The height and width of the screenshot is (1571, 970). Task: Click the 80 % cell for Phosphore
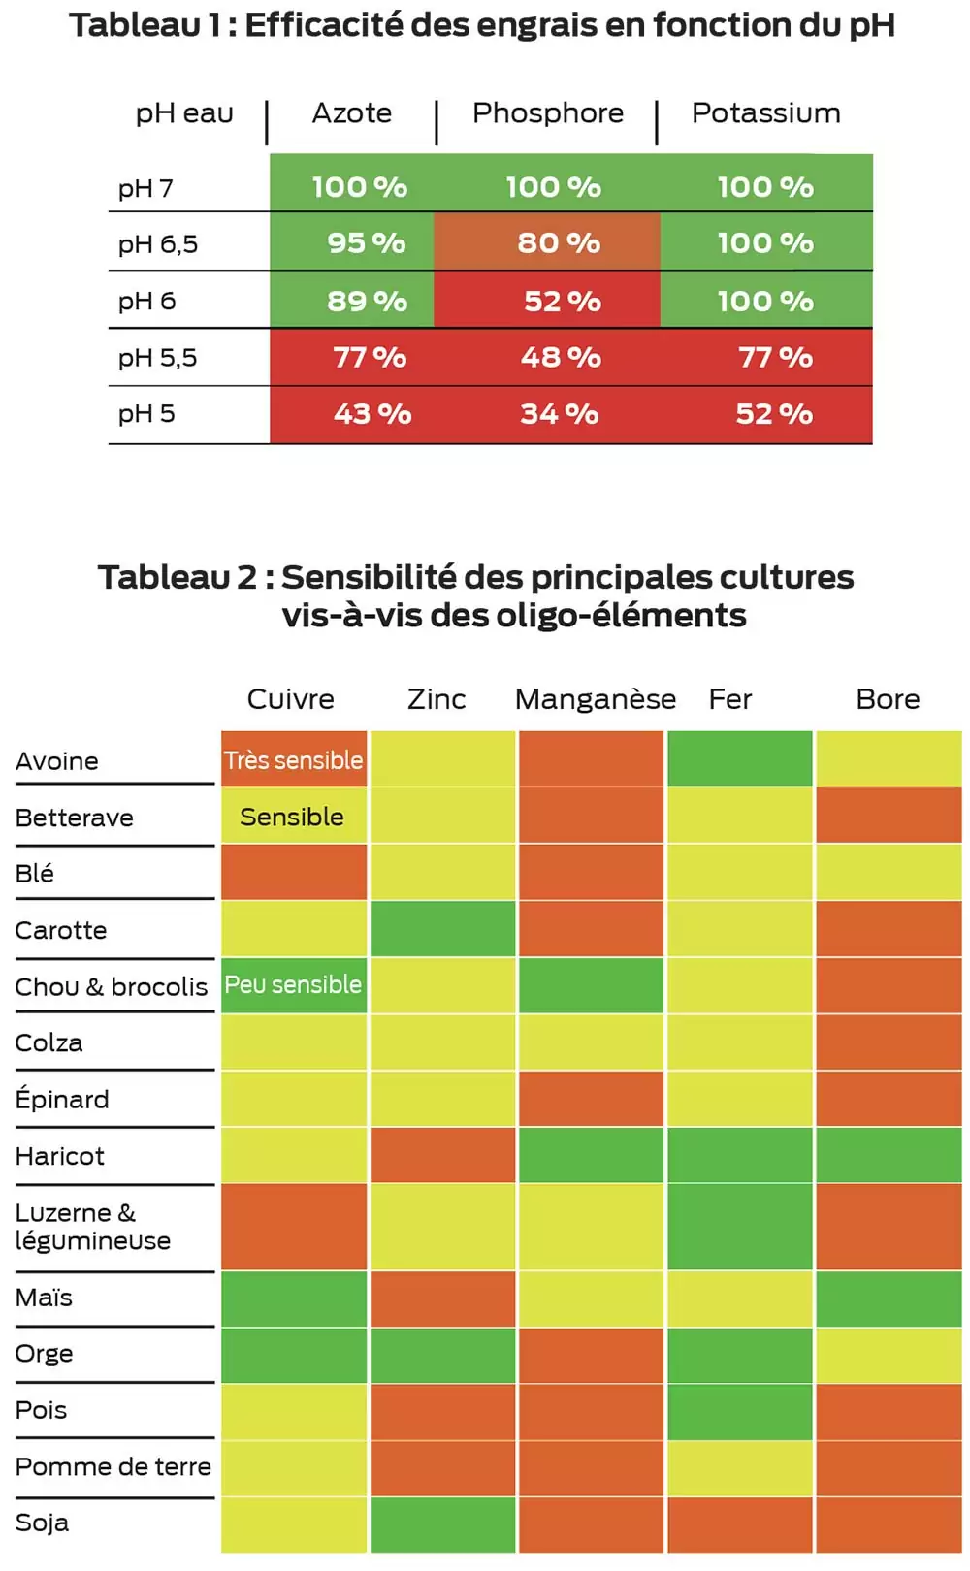(x=558, y=242)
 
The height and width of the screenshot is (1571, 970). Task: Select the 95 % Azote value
(x=366, y=242)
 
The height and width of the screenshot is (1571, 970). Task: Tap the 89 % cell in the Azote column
(x=367, y=301)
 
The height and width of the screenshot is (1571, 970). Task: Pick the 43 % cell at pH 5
(x=372, y=414)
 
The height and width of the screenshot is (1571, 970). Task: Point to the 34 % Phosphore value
(x=560, y=414)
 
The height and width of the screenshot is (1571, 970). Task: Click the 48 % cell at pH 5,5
(x=561, y=357)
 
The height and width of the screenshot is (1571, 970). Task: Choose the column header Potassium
(x=765, y=113)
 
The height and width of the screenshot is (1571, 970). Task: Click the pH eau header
(x=184, y=113)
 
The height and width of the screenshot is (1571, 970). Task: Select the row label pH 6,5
(x=158, y=244)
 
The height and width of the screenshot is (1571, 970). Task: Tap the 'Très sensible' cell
(x=294, y=760)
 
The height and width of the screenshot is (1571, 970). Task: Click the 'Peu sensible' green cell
(x=294, y=985)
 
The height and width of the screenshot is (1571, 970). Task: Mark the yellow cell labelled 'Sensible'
(x=292, y=817)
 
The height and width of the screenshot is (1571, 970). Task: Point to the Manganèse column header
(x=595, y=699)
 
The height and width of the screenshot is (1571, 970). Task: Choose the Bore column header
(x=888, y=699)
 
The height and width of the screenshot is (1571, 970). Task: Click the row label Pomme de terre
(x=113, y=1466)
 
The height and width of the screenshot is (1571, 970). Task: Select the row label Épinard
(x=62, y=1099)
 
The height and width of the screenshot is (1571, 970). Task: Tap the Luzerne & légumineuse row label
(x=92, y=1227)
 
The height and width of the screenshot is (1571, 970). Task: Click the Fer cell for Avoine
(x=739, y=759)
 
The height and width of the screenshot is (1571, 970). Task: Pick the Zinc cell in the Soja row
(x=442, y=1524)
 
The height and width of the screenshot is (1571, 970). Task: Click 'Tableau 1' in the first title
(x=145, y=25)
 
